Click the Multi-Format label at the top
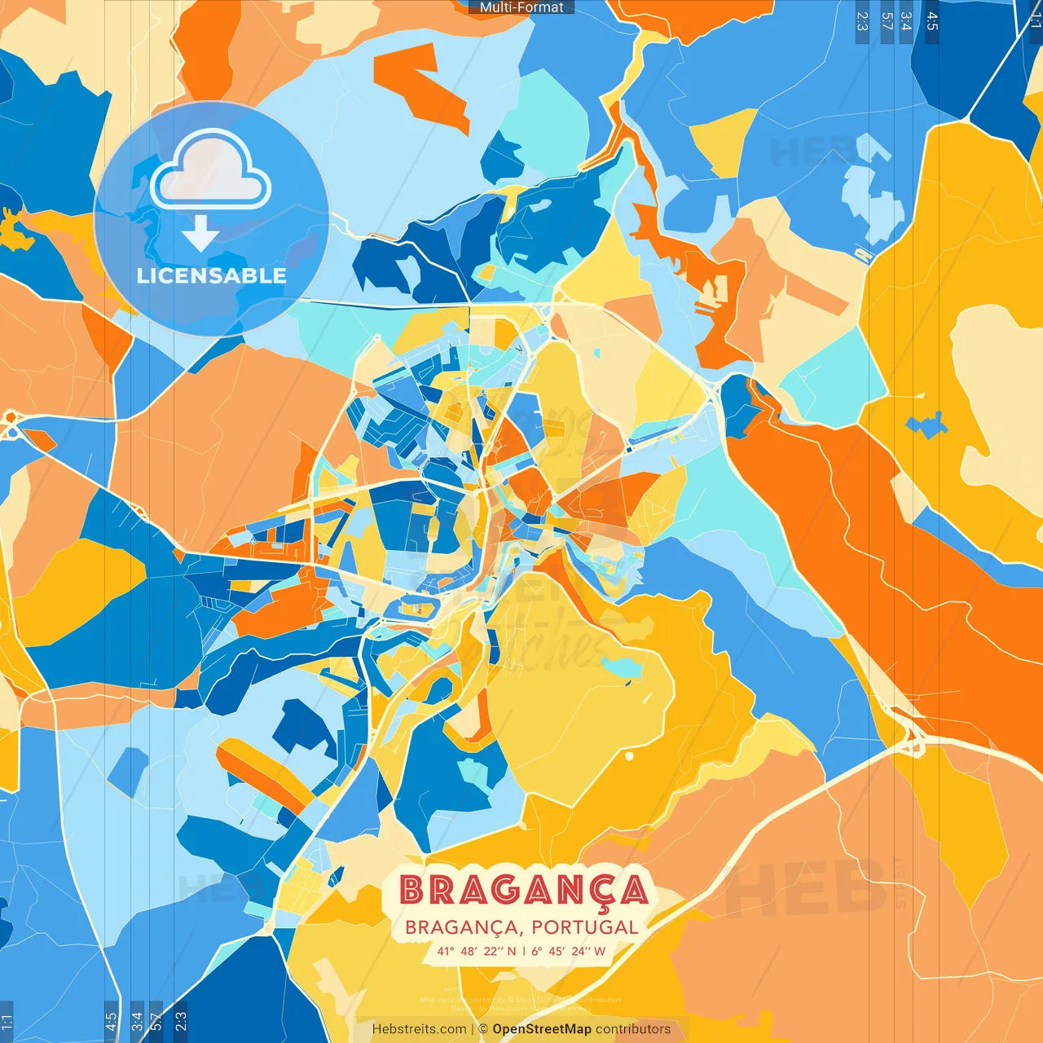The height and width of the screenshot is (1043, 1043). pyautogui.click(x=521, y=7)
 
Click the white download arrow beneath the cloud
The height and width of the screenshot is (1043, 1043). pyautogui.click(x=200, y=233)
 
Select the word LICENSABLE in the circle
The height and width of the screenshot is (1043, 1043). pyautogui.click(x=212, y=275)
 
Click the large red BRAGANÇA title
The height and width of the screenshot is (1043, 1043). pyautogui.click(x=523, y=890)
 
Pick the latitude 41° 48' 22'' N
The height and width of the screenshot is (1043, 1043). pyautogui.click(x=477, y=951)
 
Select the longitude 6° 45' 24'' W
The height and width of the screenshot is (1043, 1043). pyautogui.click(x=569, y=951)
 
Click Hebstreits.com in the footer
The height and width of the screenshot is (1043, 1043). pyautogui.click(x=420, y=1029)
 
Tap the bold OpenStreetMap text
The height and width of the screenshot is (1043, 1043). pyautogui.click(x=542, y=1029)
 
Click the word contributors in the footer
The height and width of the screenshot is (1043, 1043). pyautogui.click(x=633, y=1029)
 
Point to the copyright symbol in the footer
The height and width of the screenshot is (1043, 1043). pyautogui.click(x=483, y=1029)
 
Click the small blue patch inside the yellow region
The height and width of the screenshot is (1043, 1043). pyautogui.click(x=926, y=425)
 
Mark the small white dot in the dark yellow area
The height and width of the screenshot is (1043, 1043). pyautogui.click(x=628, y=756)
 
